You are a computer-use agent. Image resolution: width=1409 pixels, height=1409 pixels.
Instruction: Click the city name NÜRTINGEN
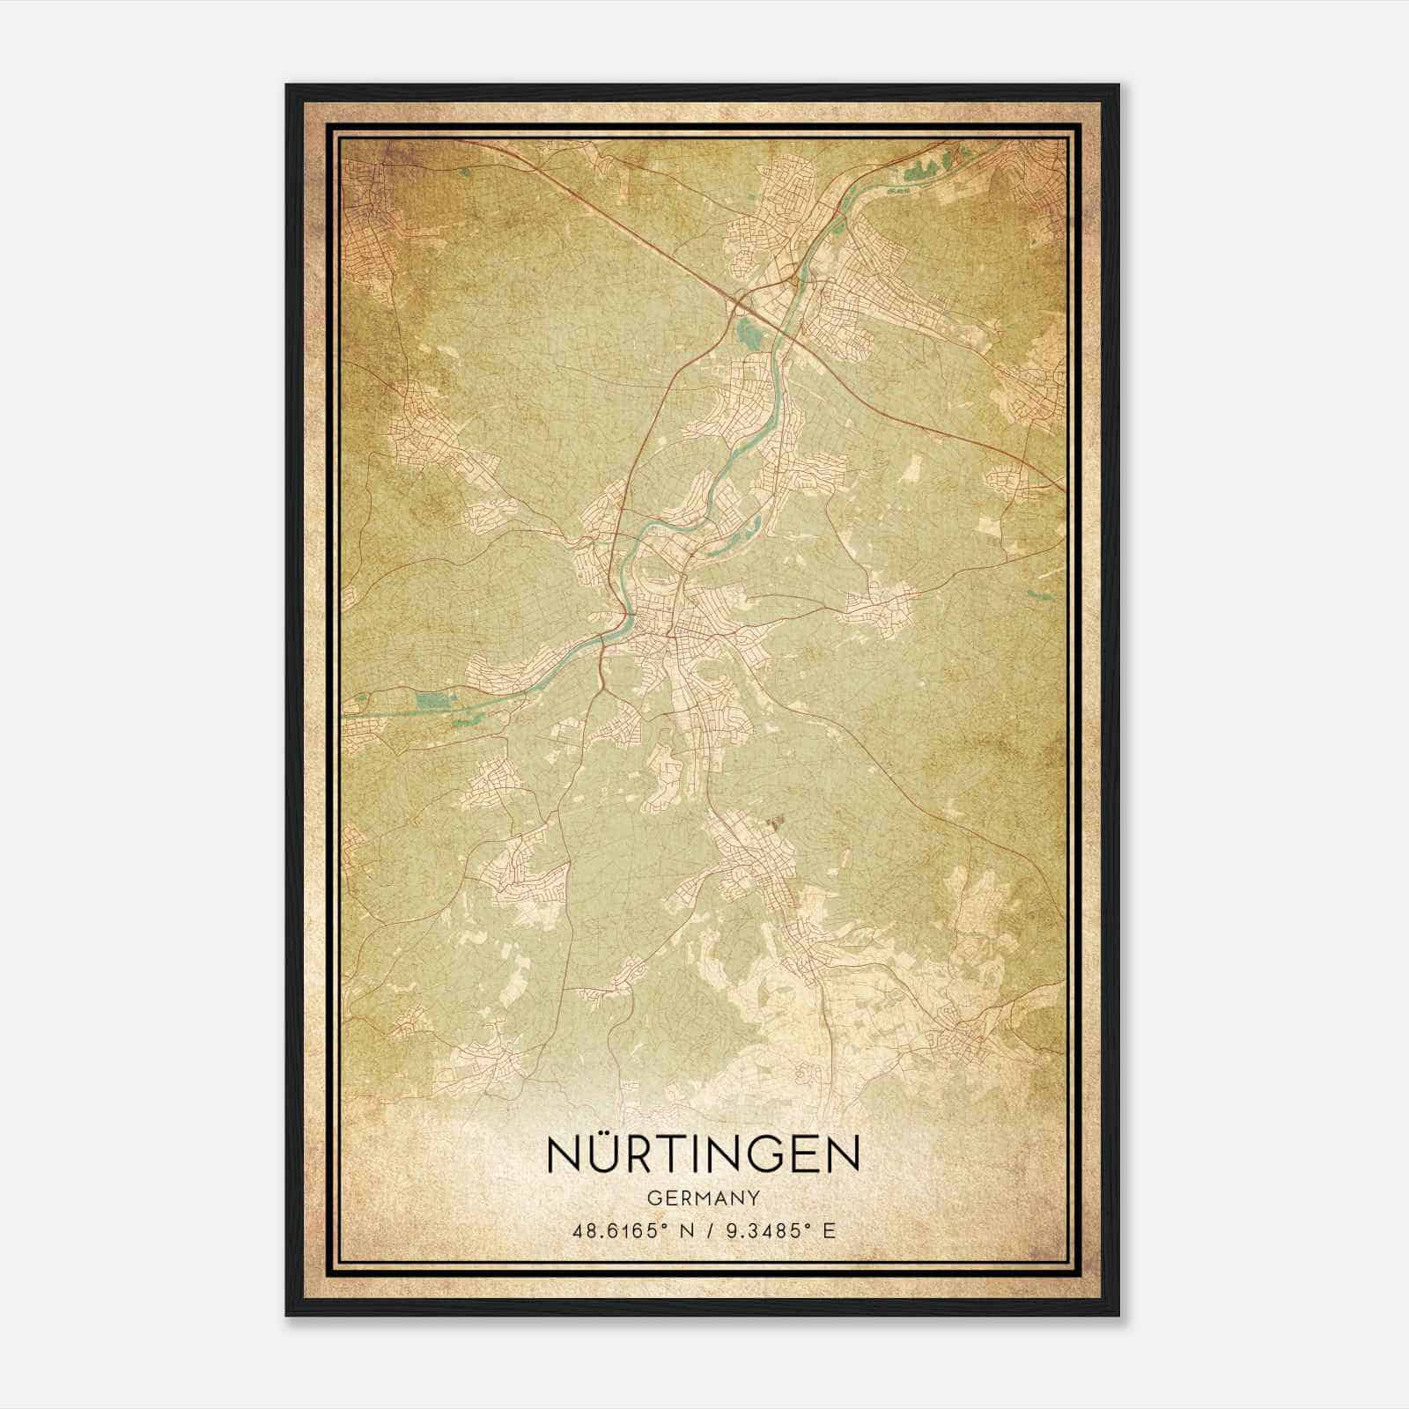(x=703, y=1154)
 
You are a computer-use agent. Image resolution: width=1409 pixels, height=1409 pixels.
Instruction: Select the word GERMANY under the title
(x=703, y=1198)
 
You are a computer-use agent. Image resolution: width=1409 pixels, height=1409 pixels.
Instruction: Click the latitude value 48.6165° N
(x=630, y=1231)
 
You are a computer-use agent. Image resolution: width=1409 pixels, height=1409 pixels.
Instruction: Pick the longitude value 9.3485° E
(x=778, y=1231)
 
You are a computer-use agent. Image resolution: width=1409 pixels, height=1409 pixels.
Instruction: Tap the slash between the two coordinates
(x=710, y=1231)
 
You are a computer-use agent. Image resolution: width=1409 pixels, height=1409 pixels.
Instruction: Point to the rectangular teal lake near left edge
(x=432, y=701)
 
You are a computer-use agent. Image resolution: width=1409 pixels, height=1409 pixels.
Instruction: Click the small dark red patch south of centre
(x=775, y=823)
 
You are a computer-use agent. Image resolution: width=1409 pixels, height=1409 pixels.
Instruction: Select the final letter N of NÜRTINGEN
(x=842, y=1154)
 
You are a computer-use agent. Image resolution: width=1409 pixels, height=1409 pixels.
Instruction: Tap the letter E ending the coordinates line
(x=828, y=1231)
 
